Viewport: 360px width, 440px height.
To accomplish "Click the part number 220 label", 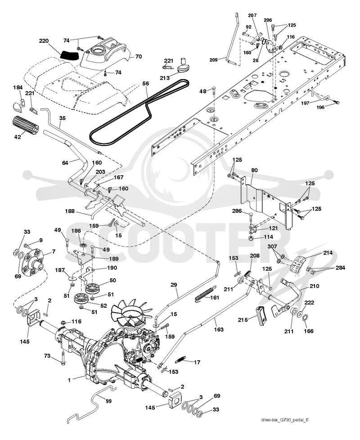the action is click(44, 41).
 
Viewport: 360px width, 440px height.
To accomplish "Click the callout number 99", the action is click(108, 401).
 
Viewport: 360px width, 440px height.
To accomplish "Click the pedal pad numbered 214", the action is click(297, 265).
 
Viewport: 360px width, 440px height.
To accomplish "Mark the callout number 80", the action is click(255, 170).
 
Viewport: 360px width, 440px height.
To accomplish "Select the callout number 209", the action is click(214, 60).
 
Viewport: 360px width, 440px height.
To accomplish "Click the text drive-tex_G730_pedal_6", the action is click(285, 420).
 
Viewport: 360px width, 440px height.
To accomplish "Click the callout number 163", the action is click(219, 329).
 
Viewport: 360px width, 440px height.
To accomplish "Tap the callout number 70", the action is click(138, 56).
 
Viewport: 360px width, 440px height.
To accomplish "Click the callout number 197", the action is click(306, 103).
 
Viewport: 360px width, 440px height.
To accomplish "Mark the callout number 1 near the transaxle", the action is click(69, 380).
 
